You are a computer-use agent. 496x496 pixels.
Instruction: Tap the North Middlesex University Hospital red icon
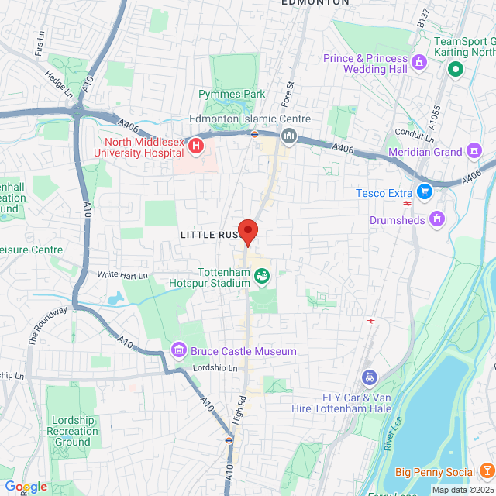[196, 144]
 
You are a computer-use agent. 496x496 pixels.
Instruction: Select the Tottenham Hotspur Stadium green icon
[262, 275]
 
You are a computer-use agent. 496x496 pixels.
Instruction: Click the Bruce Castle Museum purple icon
[179, 351]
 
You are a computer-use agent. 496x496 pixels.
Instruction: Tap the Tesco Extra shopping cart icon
[424, 191]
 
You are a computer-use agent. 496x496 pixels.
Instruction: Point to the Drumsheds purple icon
[438, 219]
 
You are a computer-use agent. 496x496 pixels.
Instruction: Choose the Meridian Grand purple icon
[474, 152]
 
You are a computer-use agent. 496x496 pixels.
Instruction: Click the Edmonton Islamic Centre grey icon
[290, 136]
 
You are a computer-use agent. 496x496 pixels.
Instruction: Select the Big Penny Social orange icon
[486, 471]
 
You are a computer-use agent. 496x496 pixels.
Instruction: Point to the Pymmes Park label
[232, 95]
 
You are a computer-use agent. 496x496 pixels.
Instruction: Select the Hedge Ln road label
[58, 84]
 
